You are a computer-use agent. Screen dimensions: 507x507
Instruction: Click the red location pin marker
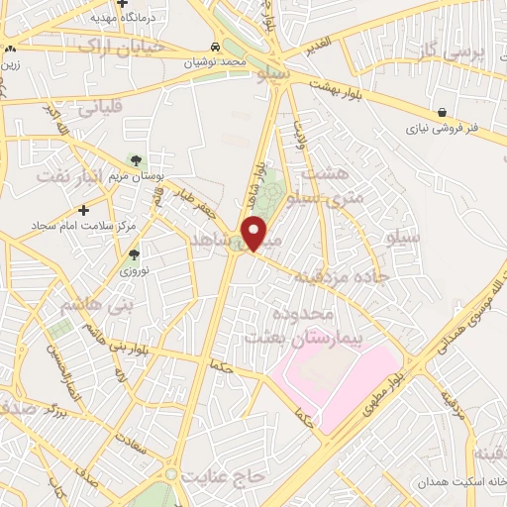point(254,233)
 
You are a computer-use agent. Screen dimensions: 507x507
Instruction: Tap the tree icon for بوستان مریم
point(136,160)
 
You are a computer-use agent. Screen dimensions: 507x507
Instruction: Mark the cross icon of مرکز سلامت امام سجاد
point(84,210)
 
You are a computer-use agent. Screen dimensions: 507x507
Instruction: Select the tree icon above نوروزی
point(134,254)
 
